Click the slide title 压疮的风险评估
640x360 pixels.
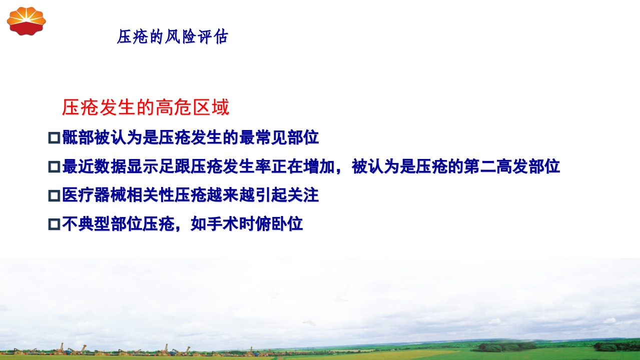[173, 36]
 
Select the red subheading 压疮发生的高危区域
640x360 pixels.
[146, 108]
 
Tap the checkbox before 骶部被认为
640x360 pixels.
[54, 137]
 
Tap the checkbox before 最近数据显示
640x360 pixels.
[54, 166]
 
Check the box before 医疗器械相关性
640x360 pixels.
[54, 195]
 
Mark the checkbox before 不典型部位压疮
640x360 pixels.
[54, 224]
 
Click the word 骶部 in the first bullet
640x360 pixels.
[78, 137]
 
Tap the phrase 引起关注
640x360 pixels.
[287, 195]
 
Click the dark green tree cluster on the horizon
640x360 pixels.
[505, 346]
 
